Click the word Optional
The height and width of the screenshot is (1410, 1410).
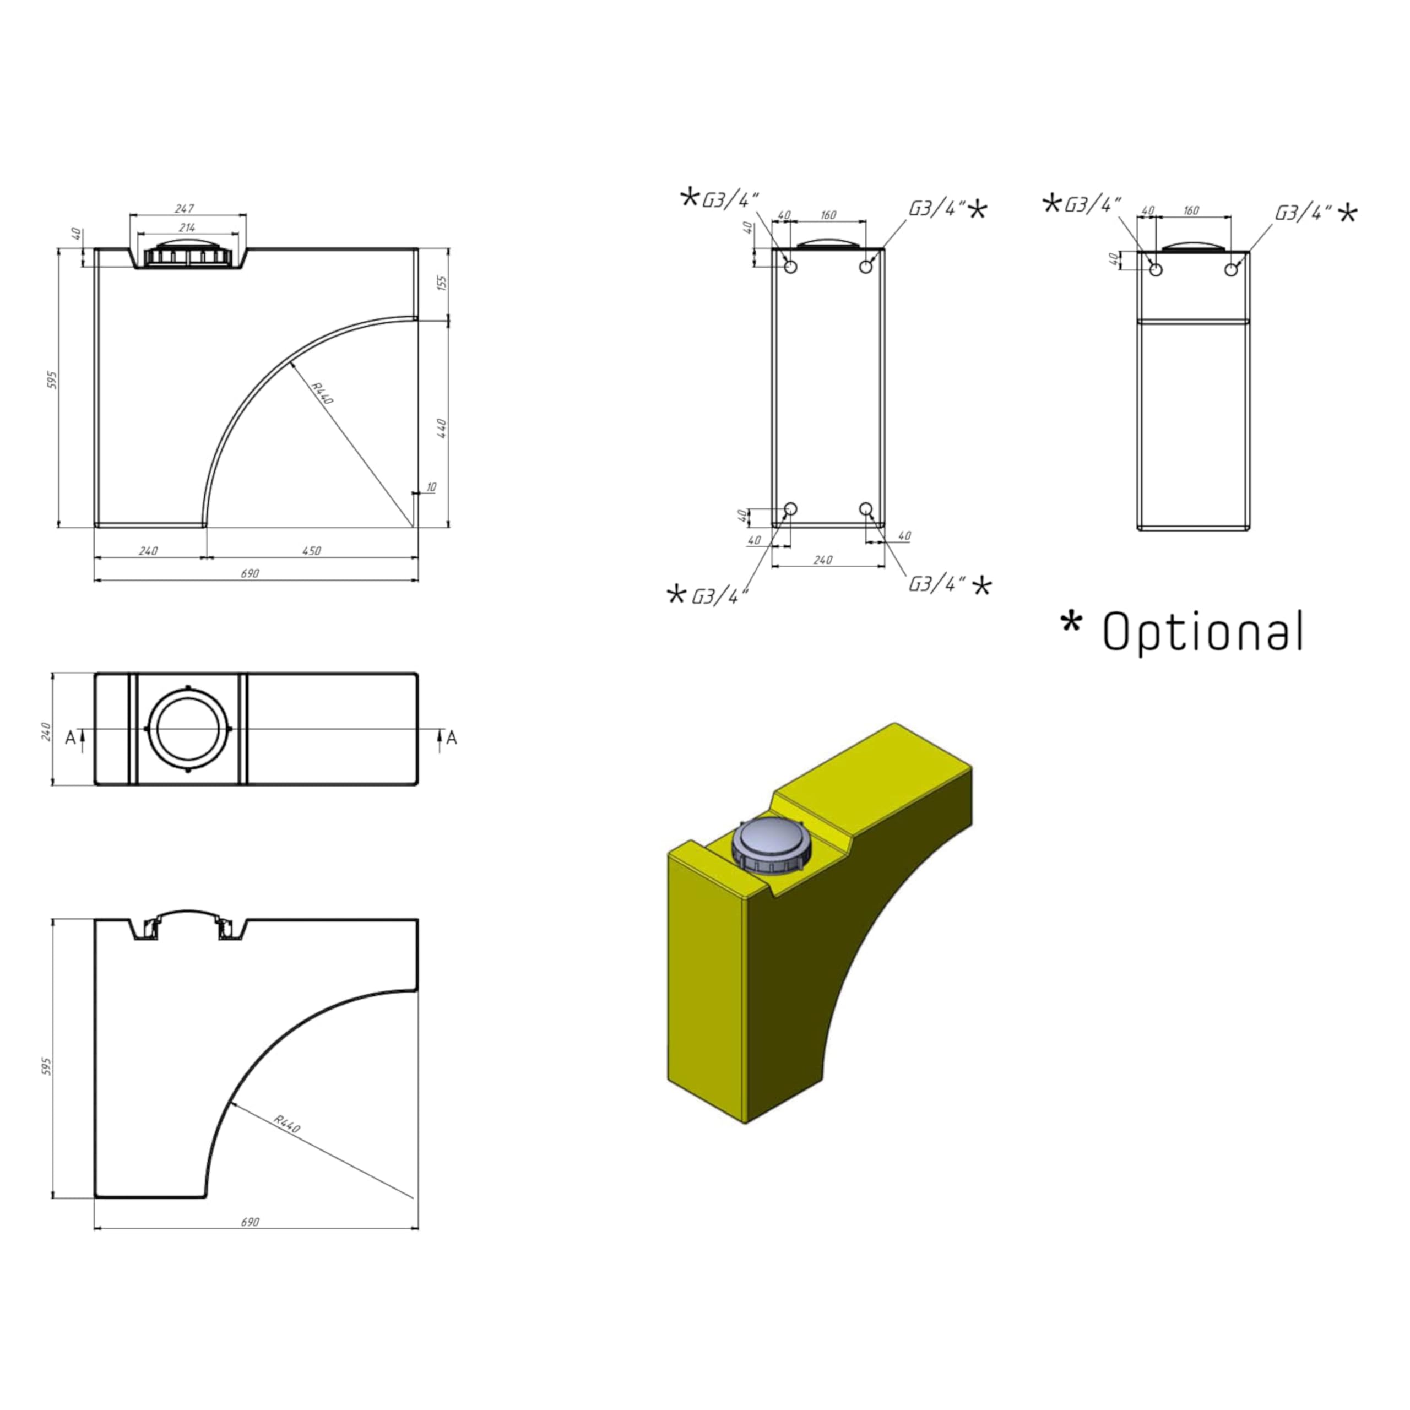coord(1203,631)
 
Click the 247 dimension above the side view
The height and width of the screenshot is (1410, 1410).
coord(185,209)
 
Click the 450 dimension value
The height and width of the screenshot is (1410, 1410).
coord(312,551)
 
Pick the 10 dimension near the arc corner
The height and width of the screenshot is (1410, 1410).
coord(431,487)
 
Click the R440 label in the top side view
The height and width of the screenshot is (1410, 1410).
coord(322,393)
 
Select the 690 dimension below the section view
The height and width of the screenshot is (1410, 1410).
coord(250,1222)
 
